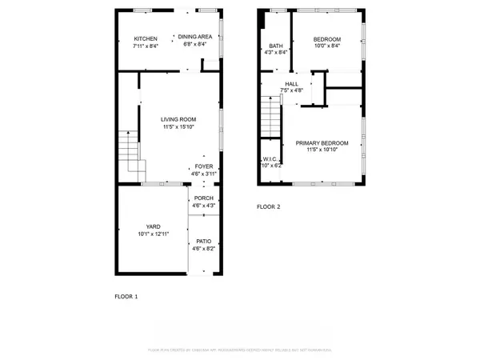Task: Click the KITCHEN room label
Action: click(145, 38)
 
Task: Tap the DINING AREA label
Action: click(194, 37)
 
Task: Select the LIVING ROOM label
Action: click(179, 119)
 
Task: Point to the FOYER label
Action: click(202, 166)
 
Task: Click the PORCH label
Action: click(202, 199)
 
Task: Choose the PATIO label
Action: click(202, 242)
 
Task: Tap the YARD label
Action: click(153, 226)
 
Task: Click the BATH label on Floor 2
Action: click(276, 46)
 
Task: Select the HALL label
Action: click(291, 83)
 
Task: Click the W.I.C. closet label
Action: click(267, 159)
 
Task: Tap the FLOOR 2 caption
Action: click(268, 206)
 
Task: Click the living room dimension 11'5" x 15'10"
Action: click(179, 126)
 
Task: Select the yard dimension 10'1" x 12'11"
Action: click(153, 234)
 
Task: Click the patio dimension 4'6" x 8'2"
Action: click(202, 249)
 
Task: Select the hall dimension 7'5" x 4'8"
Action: click(291, 90)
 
